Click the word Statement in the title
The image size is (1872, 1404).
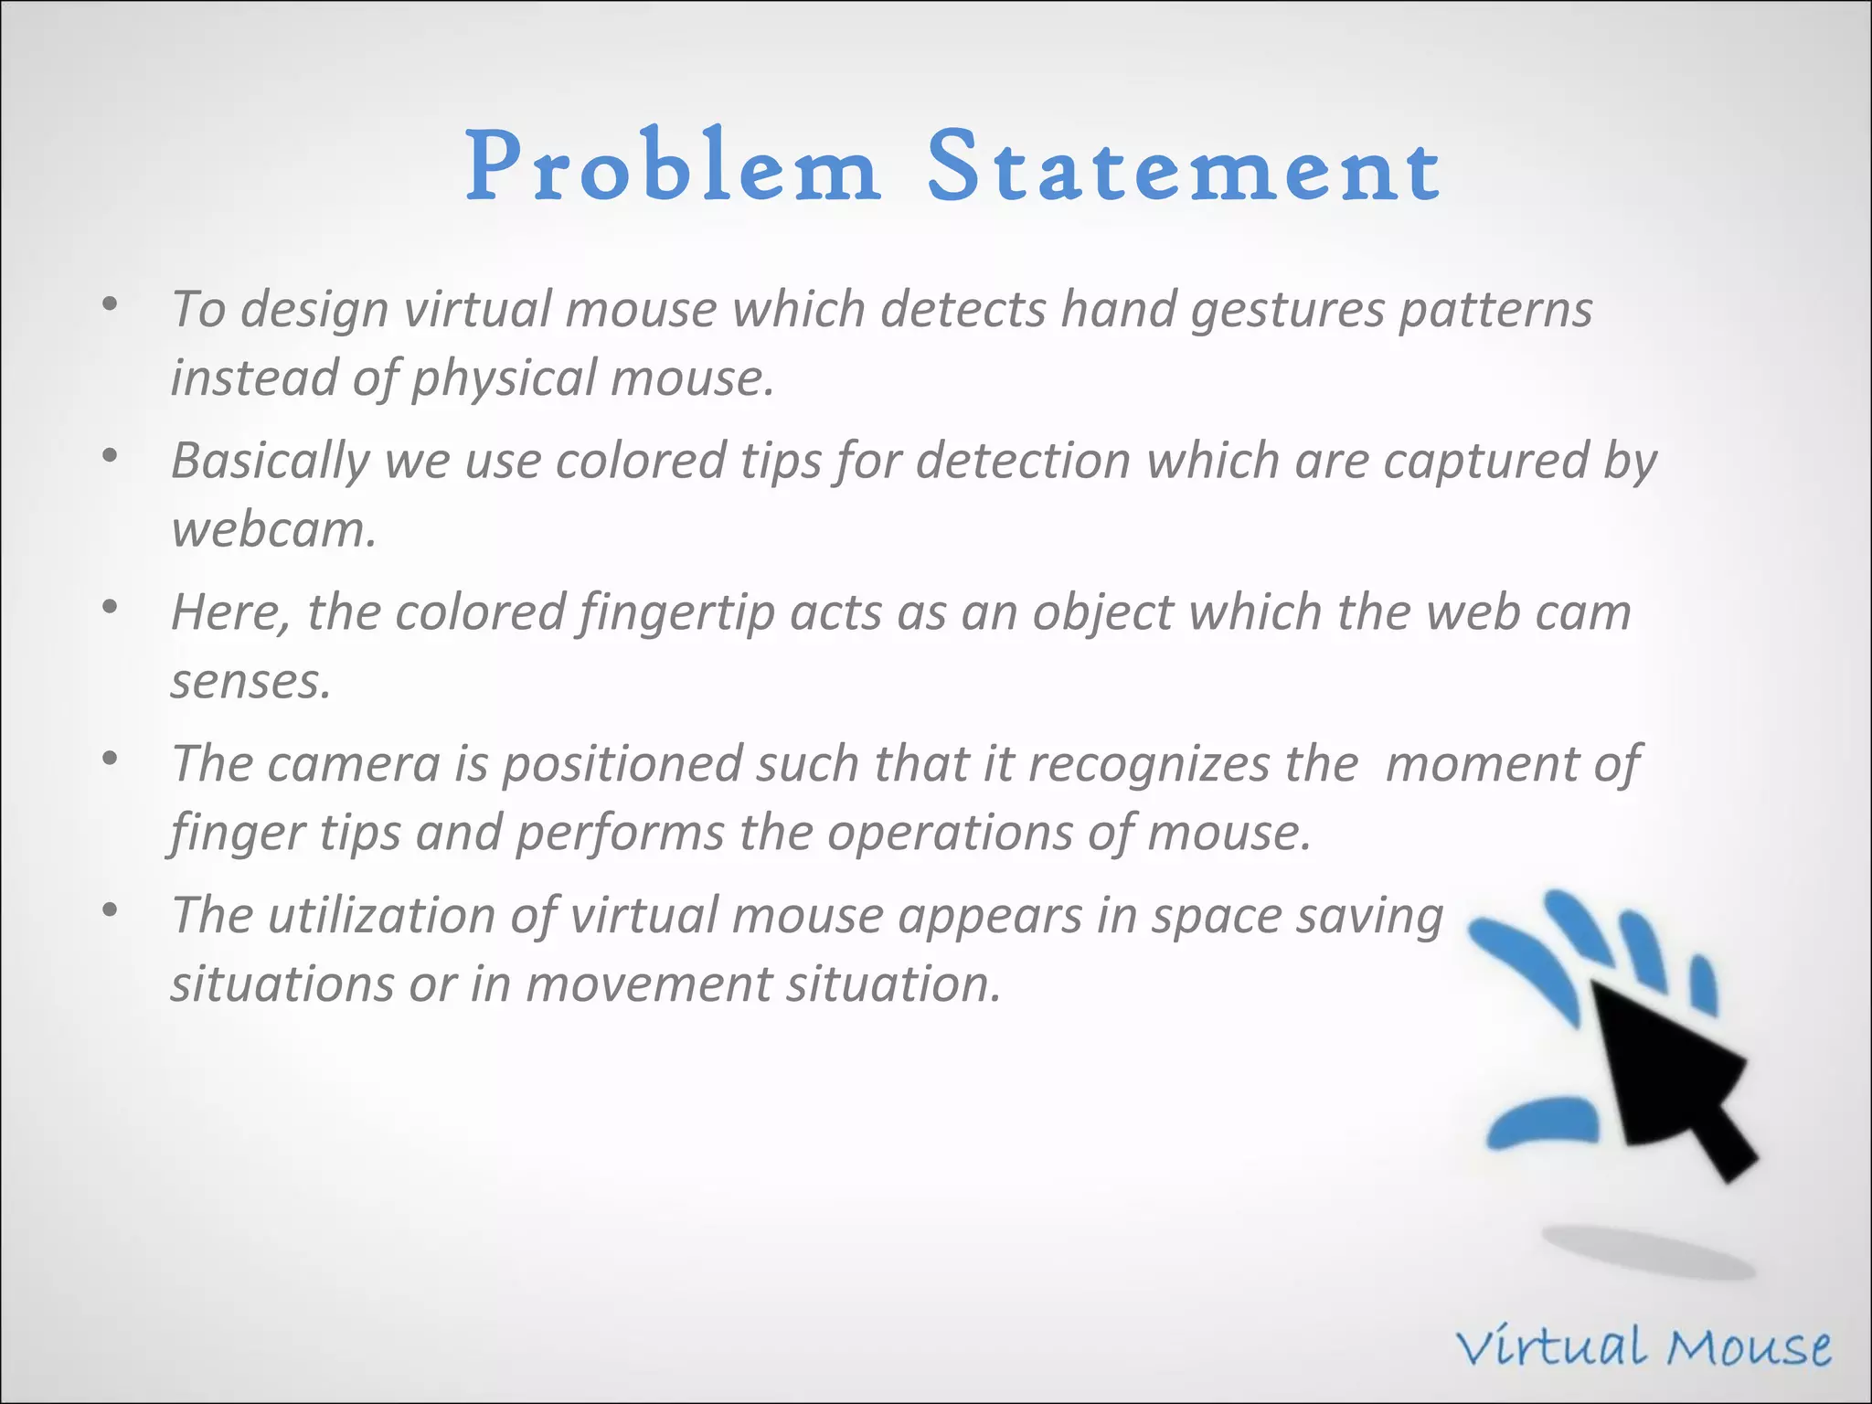[x=1184, y=167]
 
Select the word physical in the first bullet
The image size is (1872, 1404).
[x=503, y=378]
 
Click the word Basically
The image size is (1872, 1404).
[x=270, y=461]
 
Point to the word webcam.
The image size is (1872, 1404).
[x=273, y=530]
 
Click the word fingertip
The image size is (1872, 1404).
[x=676, y=613]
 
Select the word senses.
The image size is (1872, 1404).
[x=250, y=682]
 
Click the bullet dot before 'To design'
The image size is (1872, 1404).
[x=110, y=303]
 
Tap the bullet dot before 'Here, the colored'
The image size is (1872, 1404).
[x=110, y=607]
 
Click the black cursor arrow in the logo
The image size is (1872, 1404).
[x=1673, y=1079]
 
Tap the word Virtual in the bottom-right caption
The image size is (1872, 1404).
[x=1553, y=1347]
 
